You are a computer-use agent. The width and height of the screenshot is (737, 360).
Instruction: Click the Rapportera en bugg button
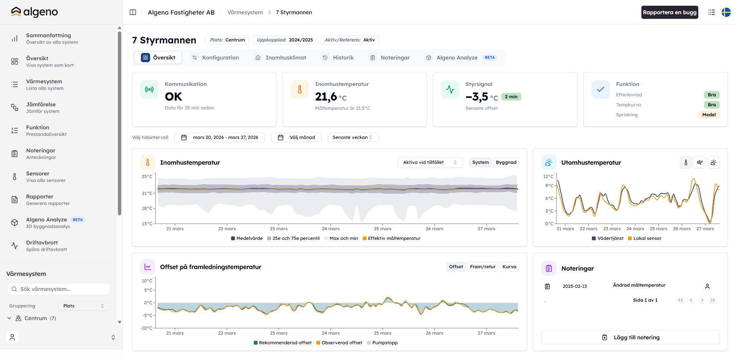[x=669, y=12]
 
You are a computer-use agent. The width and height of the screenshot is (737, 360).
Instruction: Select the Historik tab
[x=338, y=58]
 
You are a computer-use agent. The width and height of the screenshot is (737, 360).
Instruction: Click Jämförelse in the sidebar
[x=41, y=104]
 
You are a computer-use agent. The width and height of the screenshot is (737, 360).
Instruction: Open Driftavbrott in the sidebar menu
[x=42, y=243]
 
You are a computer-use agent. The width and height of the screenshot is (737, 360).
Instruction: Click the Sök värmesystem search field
[x=59, y=289]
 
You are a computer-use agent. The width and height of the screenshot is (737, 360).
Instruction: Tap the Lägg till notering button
[x=630, y=337]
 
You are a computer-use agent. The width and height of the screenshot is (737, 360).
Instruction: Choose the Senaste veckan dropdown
[x=353, y=137]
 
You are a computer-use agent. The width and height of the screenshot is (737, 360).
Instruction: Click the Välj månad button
[x=296, y=137]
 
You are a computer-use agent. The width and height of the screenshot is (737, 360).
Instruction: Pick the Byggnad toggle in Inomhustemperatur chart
[x=506, y=162]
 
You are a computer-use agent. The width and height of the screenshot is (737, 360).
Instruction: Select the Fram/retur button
[x=483, y=267]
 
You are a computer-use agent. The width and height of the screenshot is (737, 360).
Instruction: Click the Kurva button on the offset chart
[x=509, y=267]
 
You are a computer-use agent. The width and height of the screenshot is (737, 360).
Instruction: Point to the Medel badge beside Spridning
[x=709, y=115]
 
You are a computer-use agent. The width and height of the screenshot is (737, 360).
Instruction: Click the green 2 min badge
[x=511, y=97]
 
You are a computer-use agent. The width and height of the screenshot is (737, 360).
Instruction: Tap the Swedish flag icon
[x=726, y=12]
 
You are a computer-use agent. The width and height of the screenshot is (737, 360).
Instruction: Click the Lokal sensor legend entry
[x=645, y=238]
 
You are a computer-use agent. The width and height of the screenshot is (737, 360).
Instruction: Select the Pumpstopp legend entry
[x=382, y=343]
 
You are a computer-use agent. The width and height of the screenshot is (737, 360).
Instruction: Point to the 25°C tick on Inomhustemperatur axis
[x=147, y=177]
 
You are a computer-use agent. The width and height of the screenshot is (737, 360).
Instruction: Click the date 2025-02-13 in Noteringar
[x=575, y=286]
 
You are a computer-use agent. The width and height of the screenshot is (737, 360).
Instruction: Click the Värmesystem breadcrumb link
[x=245, y=12]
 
